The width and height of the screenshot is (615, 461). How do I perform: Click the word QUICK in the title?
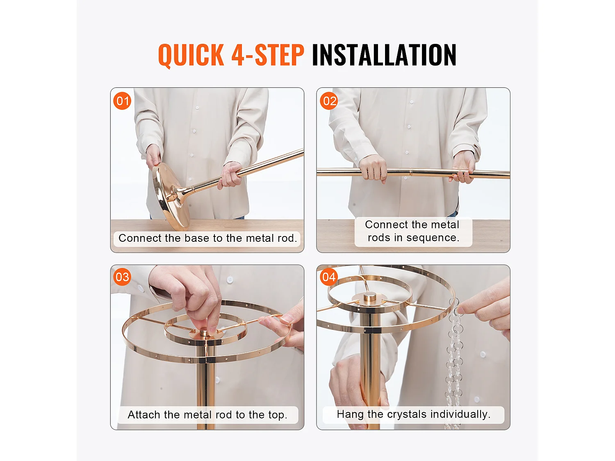coord(191,55)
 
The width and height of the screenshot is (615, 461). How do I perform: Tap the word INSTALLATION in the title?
coord(384,55)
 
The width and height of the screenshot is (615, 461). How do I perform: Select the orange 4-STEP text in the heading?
coord(268,55)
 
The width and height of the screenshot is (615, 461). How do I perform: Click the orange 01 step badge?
coord(122,101)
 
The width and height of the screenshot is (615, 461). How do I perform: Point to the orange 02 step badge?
coord(329,101)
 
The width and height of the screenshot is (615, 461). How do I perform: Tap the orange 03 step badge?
coord(122,277)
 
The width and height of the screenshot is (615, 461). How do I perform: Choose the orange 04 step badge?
coord(329,277)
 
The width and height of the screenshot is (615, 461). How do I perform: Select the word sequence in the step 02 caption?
coord(433,238)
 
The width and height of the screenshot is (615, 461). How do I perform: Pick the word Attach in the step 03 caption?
coord(144,415)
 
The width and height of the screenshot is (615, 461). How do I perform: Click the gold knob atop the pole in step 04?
coord(370,297)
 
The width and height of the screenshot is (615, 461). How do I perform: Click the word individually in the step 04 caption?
coord(460,414)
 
